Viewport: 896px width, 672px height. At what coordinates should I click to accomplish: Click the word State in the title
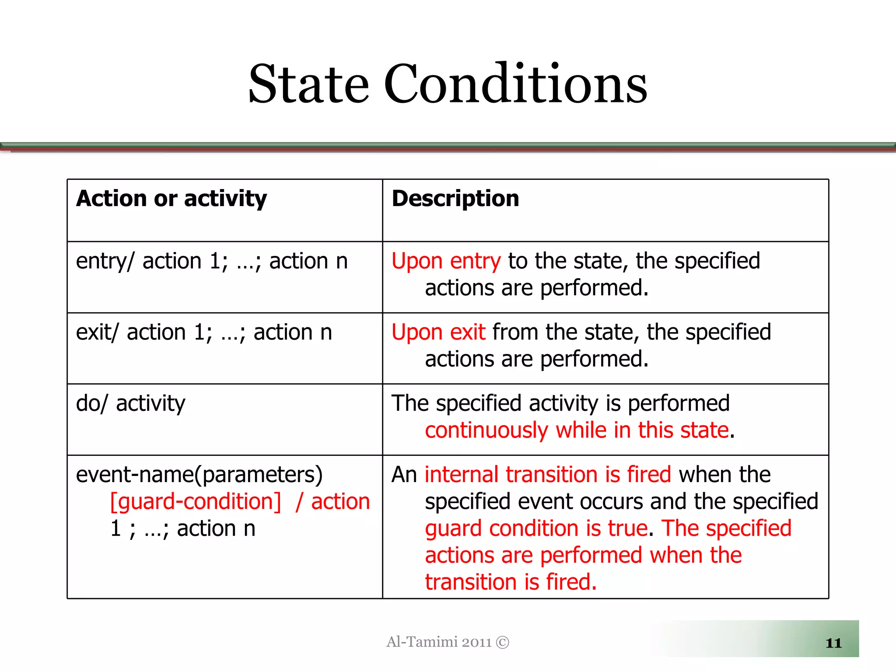click(309, 84)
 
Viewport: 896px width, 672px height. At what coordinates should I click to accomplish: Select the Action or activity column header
click(171, 199)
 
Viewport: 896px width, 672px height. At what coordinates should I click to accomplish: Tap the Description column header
click(455, 199)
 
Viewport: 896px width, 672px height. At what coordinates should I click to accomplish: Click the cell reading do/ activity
click(130, 403)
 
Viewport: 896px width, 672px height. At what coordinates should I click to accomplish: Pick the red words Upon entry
click(446, 261)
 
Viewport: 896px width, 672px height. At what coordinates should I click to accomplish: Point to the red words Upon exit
click(438, 332)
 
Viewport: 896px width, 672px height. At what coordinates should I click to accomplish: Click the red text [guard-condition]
click(196, 502)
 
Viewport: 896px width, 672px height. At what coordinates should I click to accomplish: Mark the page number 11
click(833, 643)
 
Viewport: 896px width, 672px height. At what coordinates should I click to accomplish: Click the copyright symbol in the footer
click(503, 642)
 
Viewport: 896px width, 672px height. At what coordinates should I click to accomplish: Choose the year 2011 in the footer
click(476, 642)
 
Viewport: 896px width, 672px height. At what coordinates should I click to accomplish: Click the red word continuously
click(486, 431)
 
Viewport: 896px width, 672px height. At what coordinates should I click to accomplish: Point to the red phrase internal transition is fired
click(548, 475)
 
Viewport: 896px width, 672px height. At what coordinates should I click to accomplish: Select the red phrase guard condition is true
click(536, 528)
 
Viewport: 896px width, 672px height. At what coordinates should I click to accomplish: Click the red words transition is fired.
click(511, 582)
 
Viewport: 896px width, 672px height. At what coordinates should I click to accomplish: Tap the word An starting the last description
click(404, 475)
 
